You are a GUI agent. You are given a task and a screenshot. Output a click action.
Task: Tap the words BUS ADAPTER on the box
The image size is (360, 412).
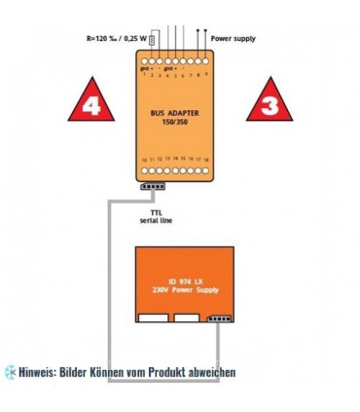(175, 113)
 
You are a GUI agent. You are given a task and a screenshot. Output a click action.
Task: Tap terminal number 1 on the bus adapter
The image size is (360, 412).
(143, 76)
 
